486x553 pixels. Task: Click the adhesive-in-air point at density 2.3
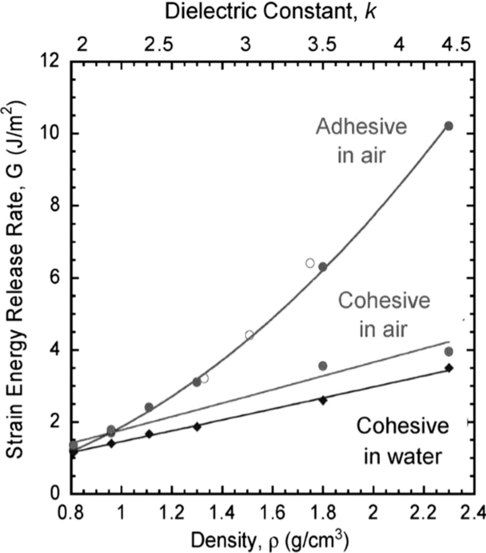tap(448, 126)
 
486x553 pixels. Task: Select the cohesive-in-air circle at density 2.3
tap(448, 352)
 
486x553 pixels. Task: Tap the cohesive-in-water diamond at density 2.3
tap(448, 368)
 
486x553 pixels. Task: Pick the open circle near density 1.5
tap(249, 335)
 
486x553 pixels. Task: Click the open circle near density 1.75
tap(310, 263)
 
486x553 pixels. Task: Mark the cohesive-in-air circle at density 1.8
tap(323, 365)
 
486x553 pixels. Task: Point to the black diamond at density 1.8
tap(323, 400)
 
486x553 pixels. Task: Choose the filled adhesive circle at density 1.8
tap(323, 267)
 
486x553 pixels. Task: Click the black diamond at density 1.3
tap(197, 426)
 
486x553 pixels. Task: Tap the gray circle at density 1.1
tap(149, 407)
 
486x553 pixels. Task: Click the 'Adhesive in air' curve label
tap(361, 141)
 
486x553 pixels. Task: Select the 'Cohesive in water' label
tap(403, 441)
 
